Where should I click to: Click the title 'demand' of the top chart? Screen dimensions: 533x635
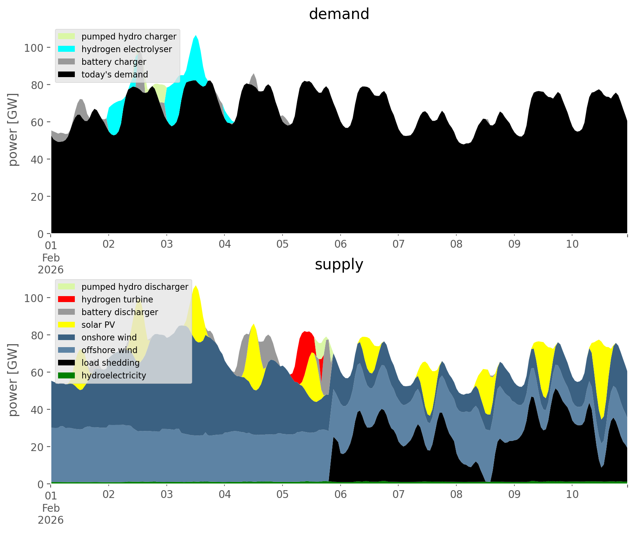click(339, 14)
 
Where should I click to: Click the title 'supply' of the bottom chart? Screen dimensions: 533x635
click(339, 264)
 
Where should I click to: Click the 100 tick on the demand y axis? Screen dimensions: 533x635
click(34, 48)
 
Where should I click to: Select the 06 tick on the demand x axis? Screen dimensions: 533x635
click(340, 244)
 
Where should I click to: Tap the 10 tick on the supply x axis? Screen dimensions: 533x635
click(572, 495)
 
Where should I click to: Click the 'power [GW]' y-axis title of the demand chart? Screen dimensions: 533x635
click(13, 130)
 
